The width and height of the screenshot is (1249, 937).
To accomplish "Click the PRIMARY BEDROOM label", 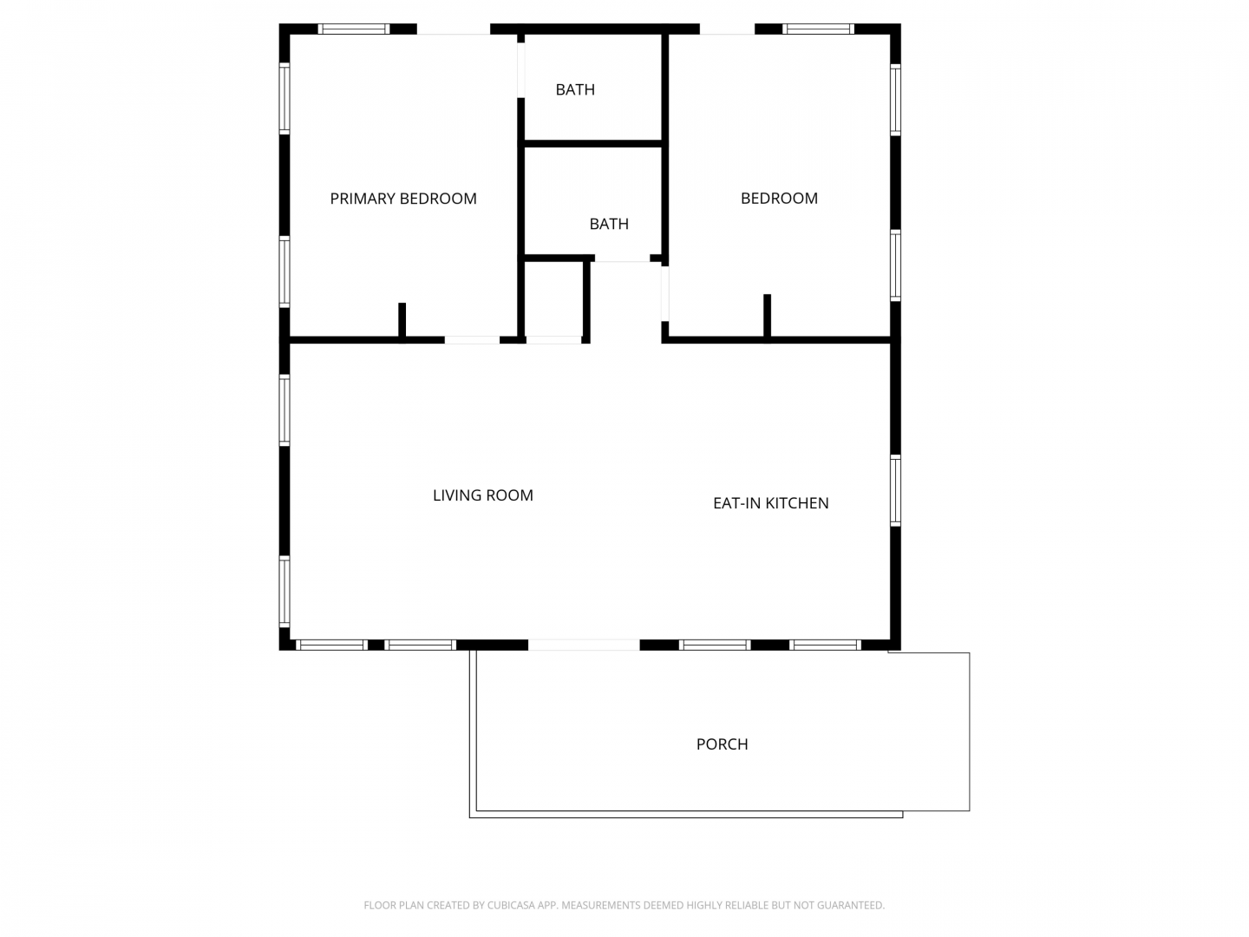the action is pos(402,199).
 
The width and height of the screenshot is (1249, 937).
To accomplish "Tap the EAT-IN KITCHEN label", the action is pos(770,503).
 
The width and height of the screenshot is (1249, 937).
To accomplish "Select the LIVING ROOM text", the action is pos(482,495).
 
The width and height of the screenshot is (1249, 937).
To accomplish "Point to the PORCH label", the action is pos(722,744).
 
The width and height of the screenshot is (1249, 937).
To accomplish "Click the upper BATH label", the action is pos(575,90).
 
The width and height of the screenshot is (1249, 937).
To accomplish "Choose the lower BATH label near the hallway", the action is pos(609,224).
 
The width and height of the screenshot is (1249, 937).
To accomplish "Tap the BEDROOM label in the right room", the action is pos(778,199).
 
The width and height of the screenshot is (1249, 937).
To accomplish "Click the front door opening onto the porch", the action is pos(584,645).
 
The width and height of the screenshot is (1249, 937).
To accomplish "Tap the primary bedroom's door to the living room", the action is pos(472,340).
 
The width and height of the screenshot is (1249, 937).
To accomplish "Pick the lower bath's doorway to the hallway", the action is pos(622,259).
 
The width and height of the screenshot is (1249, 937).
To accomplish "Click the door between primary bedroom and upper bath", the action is pos(520,69).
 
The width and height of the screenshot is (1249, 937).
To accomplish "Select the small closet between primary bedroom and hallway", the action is pos(553,298).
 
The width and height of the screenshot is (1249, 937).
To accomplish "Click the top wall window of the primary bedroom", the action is pos(353,29).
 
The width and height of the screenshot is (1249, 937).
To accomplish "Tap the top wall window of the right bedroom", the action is pos(818,29).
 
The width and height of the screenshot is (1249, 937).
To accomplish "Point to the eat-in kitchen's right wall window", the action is pos(895,490).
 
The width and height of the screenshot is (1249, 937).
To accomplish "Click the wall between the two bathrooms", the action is pos(592,144).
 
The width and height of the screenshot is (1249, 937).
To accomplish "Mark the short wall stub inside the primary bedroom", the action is pos(402,320).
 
